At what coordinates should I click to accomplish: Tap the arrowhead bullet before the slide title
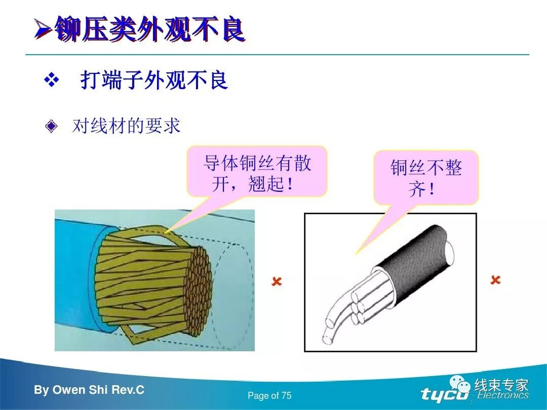click(x=43, y=30)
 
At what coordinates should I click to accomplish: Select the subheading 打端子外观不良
click(x=154, y=80)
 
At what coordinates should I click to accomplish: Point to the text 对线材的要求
click(x=126, y=126)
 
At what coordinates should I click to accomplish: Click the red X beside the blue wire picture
click(x=277, y=281)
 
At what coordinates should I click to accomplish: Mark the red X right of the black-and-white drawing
click(x=495, y=280)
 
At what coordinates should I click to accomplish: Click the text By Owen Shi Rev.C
click(x=89, y=390)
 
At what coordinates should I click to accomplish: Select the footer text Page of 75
click(x=269, y=395)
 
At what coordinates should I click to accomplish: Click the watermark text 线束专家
click(x=501, y=385)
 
